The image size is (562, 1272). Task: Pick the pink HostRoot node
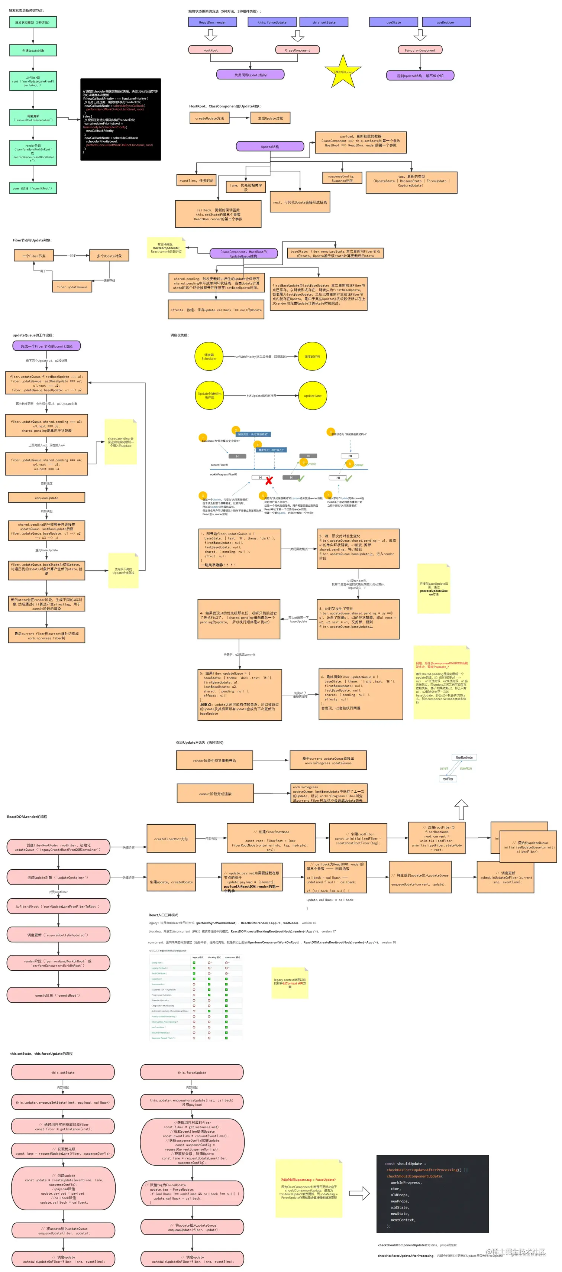pyautogui.click(x=210, y=50)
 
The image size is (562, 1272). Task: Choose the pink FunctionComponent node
pyautogui.click(x=420, y=50)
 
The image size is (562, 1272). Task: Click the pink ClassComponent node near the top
pyautogui.click(x=297, y=50)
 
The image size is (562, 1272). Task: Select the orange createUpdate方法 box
pyautogui.click(x=209, y=118)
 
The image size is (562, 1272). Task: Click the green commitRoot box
pyautogui.click(x=33, y=188)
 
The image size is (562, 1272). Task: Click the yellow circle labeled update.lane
pyautogui.click(x=313, y=396)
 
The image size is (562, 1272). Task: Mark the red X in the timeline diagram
pyautogui.click(x=269, y=480)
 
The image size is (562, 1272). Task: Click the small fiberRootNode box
pyautogui.click(x=464, y=757)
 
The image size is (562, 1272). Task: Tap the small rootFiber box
pyautogui.click(x=448, y=779)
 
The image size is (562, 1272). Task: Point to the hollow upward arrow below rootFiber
pyautogui.click(x=461, y=810)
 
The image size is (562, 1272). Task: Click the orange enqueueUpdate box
pyautogui.click(x=46, y=498)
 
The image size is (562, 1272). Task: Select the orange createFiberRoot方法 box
pyautogui.click(x=171, y=839)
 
